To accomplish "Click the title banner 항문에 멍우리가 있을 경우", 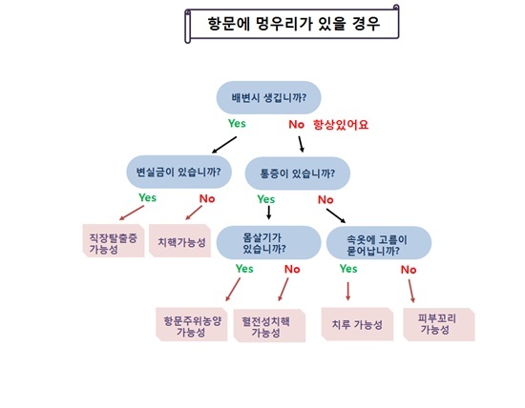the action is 292,24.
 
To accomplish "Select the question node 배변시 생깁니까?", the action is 268,97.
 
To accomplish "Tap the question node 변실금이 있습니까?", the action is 178,172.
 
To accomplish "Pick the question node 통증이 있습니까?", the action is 298,173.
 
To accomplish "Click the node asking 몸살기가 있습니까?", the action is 268,243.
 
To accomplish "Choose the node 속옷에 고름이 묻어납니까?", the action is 379,243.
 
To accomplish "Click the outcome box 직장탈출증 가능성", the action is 114,241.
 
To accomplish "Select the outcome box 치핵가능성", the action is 179,241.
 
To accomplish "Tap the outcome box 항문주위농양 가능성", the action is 192,324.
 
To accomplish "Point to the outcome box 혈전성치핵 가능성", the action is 269,326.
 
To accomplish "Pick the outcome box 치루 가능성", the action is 357,324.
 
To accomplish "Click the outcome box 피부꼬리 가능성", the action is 439,324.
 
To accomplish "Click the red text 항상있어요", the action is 341,125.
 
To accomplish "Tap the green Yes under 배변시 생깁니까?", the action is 237,123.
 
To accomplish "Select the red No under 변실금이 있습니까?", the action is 207,198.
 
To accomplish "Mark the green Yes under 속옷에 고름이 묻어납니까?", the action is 348,269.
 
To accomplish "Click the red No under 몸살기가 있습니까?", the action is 292,269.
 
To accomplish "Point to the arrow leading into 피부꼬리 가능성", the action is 411,291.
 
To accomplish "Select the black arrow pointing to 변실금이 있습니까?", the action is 224,145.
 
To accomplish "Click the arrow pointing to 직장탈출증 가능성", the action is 132,213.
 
